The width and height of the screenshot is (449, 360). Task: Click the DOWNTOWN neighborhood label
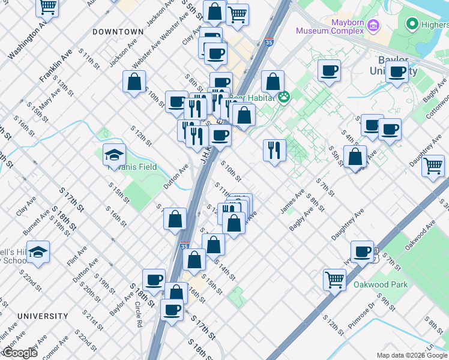[x=118, y=31]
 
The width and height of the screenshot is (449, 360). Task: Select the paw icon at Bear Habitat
[x=283, y=97]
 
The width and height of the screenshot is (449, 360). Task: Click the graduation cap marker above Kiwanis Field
[x=114, y=155]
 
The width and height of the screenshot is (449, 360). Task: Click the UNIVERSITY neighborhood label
[x=43, y=316]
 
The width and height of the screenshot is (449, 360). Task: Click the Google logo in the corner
[x=20, y=353]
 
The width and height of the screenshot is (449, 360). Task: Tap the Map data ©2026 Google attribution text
[x=412, y=355]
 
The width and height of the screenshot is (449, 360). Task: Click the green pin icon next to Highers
[x=412, y=25]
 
